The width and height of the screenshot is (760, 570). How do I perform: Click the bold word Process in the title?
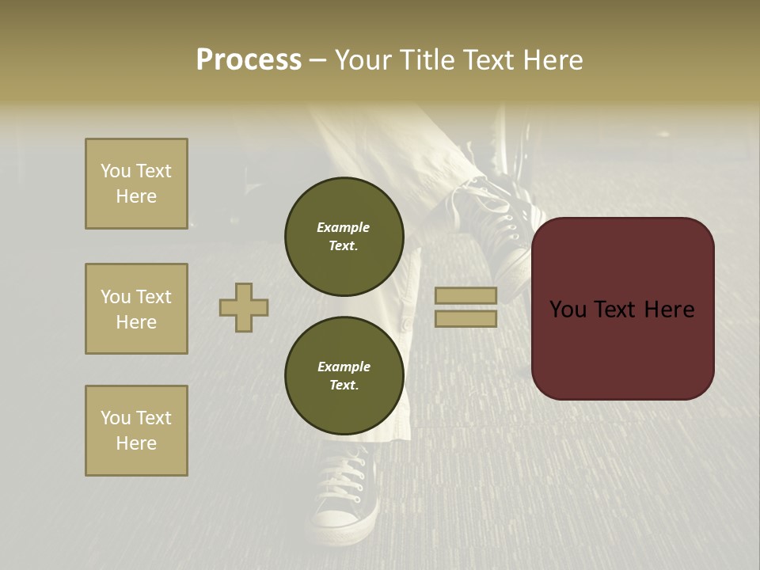pyautogui.click(x=249, y=60)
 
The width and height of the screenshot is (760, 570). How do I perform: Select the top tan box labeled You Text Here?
pyautogui.click(x=136, y=184)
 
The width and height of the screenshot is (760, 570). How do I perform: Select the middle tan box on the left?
pyautogui.click(x=136, y=309)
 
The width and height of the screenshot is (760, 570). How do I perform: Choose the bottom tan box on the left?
pyautogui.click(x=136, y=431)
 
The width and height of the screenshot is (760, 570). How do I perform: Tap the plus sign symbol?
pyautogui.click(x=244, y=307)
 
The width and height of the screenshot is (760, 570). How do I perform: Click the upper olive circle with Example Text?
pyautogui.click(x=344, y=237)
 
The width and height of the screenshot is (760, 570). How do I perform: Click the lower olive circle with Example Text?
pyautogui.click(x=344, y=376)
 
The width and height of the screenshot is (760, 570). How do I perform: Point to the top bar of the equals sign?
pyautogui.click(x=465, y=295)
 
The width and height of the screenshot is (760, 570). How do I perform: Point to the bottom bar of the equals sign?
pyautogui.click(x=465, y=319)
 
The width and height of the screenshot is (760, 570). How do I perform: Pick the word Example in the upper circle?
pyautogui.click(x=343, y=227)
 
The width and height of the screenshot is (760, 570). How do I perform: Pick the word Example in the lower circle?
pyautogui.click(x=344, y=367)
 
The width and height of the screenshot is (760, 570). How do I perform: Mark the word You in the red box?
pyautogui.click(x=568, y=310)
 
